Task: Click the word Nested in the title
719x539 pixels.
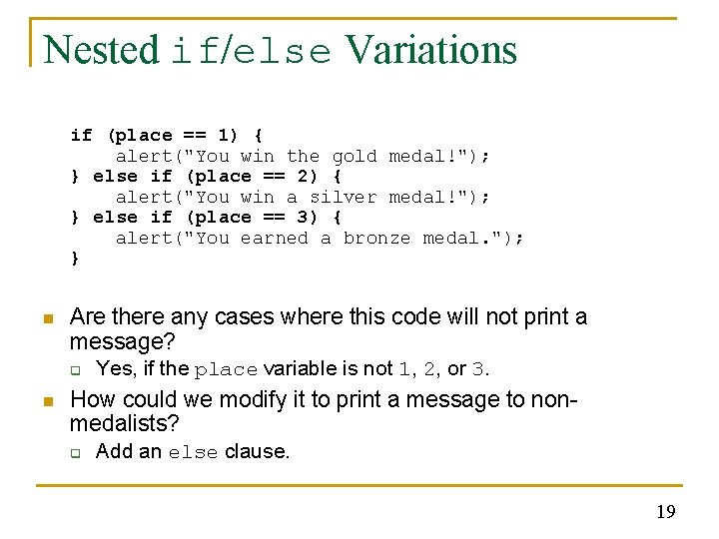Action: click(101, 50)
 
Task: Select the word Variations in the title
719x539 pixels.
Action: click(431, 50)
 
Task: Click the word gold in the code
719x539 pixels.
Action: click(355, 156)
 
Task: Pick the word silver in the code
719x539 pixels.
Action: click(344, 197)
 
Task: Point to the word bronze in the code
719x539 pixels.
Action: click(377, 238)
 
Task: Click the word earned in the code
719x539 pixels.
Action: click(275, 238)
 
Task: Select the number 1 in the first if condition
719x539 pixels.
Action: click(230, 135)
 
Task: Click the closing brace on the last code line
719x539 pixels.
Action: click(75, 259)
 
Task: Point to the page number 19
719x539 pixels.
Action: click(665, 512)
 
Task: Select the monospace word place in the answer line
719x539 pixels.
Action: click(227, 370)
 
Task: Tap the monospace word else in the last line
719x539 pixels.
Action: click(193, 453)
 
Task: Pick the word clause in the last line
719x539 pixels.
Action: click(257, 451)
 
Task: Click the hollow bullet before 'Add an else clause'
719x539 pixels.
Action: click(75, 452)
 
